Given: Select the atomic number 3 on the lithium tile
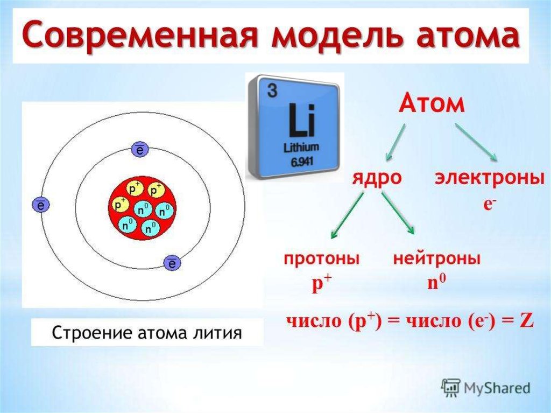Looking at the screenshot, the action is (x=272, y=90).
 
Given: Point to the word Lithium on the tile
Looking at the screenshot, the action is (x=301, y=148).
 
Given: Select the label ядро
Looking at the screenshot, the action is (x=377, y=178).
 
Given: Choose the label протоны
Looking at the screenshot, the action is (x=322, y=259).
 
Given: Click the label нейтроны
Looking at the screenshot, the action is (x=436, y=259).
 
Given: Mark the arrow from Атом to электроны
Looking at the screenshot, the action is (x=477, y=142).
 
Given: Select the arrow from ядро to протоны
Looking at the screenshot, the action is (x=347, y=215).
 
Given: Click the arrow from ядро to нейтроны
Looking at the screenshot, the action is (x=398, y=213).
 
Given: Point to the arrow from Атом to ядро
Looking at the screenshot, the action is (x=395, y=142).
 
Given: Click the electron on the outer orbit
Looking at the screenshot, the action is (x=41, y=205).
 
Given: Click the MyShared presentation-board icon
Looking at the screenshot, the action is (x=451, y=388).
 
